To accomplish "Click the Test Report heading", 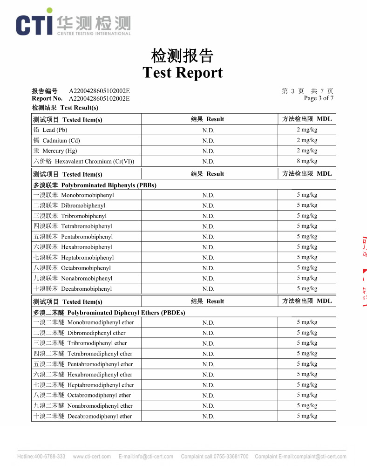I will pos(183,73).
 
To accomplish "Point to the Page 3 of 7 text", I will pos(319,98).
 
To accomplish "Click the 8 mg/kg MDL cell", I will pos(307,161).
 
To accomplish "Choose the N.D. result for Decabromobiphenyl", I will pos(208,289).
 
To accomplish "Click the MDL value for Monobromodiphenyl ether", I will pos(307,322).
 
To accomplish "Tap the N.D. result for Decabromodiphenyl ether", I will pos(208,417).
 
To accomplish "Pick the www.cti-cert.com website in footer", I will pos(92,457).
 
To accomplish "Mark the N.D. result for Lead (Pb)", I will pos(208,130).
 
